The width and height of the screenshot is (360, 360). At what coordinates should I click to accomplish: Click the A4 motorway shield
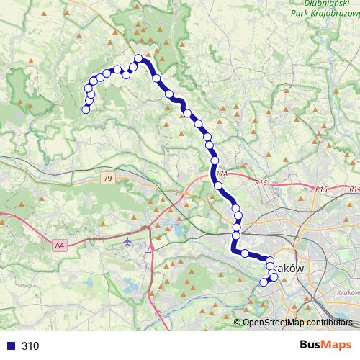click(x=60, y=246)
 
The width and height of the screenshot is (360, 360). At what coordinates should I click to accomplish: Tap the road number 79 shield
click(x=107, y=179)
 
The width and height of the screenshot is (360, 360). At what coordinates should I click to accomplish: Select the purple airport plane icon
click(x=127, y=240)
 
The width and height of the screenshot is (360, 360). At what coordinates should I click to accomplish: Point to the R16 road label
click(x=261, y=184)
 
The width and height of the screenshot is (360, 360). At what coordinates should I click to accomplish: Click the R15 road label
click(x=321, y=189)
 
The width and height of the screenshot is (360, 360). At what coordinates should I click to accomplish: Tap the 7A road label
click(x=221, y=174)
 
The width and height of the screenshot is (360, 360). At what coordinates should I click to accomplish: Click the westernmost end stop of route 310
click(x=86, y=109)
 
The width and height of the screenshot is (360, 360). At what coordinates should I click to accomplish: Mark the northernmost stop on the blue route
click(x=139, y=58)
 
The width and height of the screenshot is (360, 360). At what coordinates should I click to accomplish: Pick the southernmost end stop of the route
click(x=264, y=282)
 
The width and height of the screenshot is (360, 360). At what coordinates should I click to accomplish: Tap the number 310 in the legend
click(x=30, y=346)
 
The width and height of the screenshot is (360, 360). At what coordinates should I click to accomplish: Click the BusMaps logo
click(x=324, y=346)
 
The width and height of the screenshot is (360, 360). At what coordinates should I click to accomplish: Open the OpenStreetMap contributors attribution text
click(x=297, y=323)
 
